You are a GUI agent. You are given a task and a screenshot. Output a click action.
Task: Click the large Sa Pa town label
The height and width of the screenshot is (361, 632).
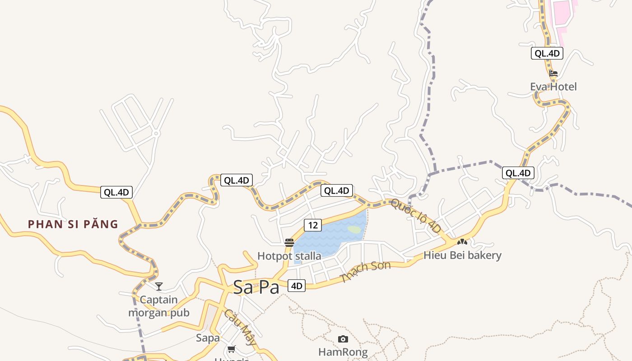pos(256,287)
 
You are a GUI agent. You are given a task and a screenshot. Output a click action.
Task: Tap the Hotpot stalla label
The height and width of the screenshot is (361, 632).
pos(289,256)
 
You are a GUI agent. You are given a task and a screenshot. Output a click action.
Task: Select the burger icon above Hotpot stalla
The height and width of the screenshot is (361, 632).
pos(289,243)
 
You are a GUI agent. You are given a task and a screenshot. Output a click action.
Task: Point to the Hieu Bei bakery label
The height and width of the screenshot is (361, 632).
pos(462,255)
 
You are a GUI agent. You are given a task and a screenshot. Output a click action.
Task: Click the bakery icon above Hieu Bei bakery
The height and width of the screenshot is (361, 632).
pos(462,242)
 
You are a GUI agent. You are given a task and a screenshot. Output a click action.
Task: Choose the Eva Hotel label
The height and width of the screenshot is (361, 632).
pos(553,87)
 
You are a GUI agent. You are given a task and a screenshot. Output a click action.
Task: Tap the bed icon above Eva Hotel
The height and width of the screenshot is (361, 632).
pos(553,73)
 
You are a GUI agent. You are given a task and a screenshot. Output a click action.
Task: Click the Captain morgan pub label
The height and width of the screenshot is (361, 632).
pos(159,306)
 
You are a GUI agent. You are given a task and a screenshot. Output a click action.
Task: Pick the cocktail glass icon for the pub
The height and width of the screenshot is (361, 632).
pos(159,286)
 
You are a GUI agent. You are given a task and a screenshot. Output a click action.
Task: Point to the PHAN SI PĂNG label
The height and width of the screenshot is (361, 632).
pos(73,224)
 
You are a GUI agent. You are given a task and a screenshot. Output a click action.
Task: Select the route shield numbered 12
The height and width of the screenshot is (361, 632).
pos(312,225)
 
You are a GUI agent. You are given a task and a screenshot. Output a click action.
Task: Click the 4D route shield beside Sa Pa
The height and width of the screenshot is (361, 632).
pos(296,286)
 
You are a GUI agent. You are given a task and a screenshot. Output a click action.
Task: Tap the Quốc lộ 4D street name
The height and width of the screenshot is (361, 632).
pos(416,216)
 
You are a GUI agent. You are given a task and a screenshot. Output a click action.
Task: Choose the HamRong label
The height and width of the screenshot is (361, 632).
pos(343,352)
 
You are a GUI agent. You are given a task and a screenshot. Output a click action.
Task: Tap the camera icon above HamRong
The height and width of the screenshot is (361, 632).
pos(343,339)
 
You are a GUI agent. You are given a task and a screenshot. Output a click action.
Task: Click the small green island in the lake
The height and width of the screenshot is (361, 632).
pos(354,230)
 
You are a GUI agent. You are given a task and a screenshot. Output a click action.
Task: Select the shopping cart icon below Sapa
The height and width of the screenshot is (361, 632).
pos(232,349)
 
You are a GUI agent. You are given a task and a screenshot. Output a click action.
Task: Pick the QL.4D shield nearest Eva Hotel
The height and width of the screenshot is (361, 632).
pos(547,53)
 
